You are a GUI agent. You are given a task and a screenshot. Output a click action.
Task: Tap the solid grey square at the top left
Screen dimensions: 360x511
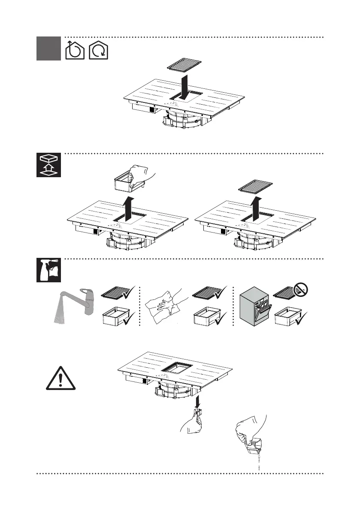(x=48, y=48)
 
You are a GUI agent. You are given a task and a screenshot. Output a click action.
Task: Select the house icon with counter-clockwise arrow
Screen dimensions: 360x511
(x=74, y=50)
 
